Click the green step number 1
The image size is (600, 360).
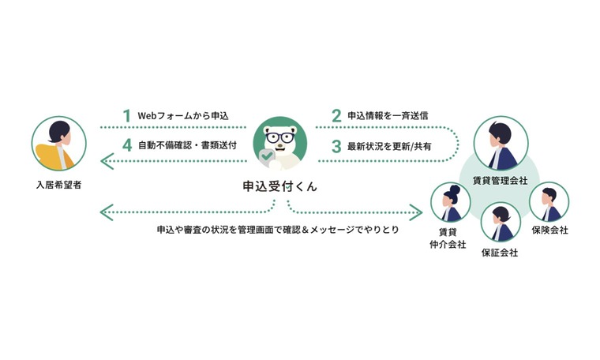point(127,115)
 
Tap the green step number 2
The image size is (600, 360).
point(336,115)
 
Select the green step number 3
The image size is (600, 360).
point(336,146)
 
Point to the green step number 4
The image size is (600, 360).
point(127,145)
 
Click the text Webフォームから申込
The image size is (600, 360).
point(183,115)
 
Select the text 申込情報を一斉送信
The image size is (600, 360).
point(388,115)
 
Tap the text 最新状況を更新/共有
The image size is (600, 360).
point(389,146)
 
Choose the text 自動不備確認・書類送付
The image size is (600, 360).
point(187,145)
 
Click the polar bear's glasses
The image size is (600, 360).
point(280,137)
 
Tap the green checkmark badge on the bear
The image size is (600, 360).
point(267,156)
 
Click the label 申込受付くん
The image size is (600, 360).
point(280,186)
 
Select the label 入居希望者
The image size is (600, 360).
point(59,185)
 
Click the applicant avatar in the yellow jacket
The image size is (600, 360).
point(59,144)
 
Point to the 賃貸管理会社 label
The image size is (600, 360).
point(501,180)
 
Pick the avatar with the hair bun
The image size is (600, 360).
point(450,203)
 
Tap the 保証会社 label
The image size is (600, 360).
point(500,253)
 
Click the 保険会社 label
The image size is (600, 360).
point(550,230)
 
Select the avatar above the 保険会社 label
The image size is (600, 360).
point(549,202)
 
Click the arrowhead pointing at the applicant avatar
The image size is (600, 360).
point(107,161)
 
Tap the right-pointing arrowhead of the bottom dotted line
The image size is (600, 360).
point(416,212)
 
